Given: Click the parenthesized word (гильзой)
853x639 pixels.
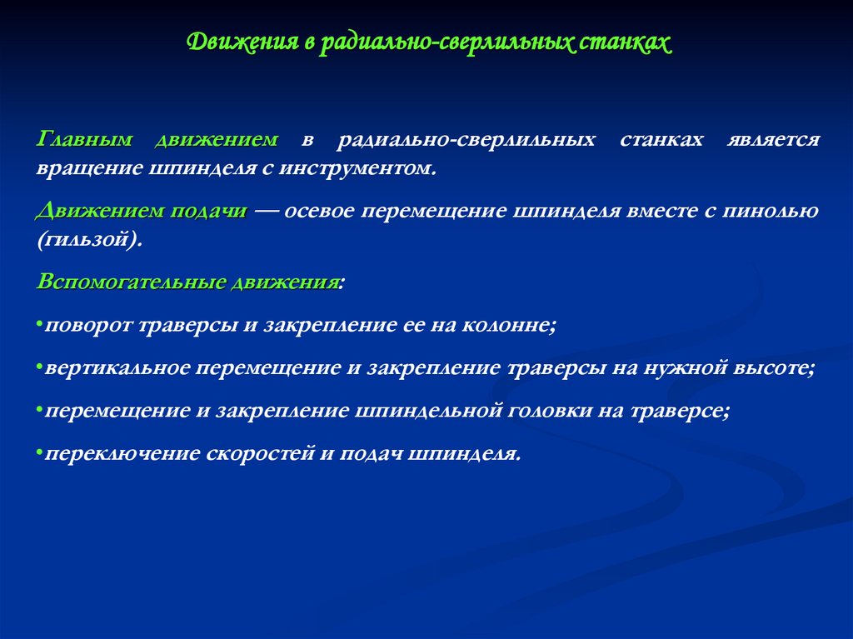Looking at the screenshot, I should pyautogui.click(x=90, y=239).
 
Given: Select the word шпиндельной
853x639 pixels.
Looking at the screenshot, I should pyautogui.click(x=428, y=411).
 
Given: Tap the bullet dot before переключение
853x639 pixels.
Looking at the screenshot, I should pyautogui.click(x=40, y=453).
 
